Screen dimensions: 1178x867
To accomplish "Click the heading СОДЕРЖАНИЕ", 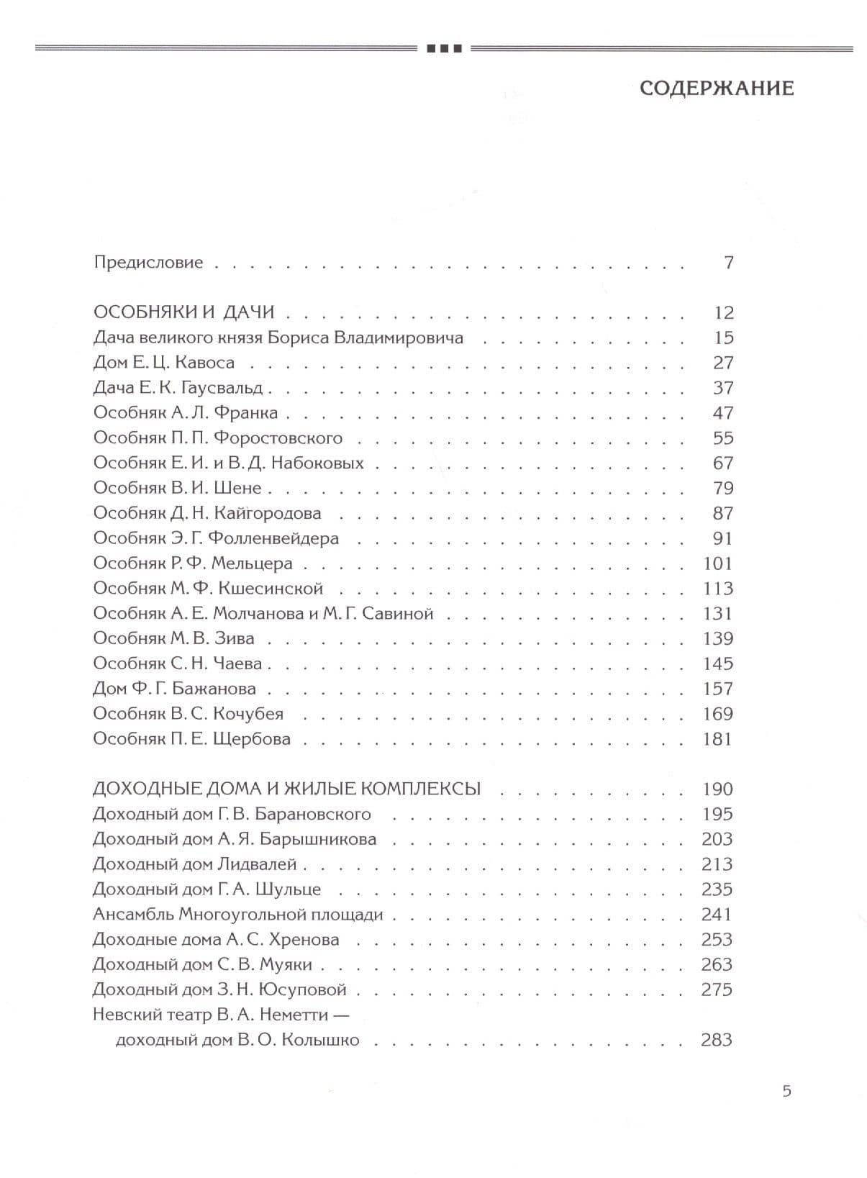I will point(716,89).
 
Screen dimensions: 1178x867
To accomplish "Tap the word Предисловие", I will point(148,263).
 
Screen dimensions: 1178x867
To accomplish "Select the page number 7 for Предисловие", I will point(728,263).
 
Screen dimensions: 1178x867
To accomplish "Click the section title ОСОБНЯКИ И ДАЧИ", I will point(184,312).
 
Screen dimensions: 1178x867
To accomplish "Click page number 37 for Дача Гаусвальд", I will point(722,388).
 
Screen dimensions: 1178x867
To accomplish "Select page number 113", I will point(717,589).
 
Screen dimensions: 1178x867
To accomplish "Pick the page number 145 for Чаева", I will point(717,663).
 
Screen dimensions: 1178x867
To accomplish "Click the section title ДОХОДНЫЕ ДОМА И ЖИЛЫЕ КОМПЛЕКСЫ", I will point(286,789).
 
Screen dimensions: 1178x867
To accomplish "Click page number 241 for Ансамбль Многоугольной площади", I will point(717,915).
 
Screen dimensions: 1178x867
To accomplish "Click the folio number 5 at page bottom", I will point(786,1091).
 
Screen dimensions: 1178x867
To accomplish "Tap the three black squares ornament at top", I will point(444,49).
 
